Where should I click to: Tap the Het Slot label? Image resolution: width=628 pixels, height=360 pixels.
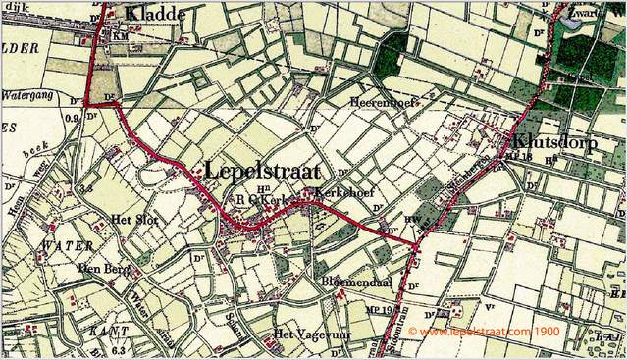tap(134, 219)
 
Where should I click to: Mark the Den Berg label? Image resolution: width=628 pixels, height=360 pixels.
tap(104, 266)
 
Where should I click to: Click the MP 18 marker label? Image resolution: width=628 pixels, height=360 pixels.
tap(517, 155)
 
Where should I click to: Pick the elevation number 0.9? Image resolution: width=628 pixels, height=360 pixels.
tap(70, 119)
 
